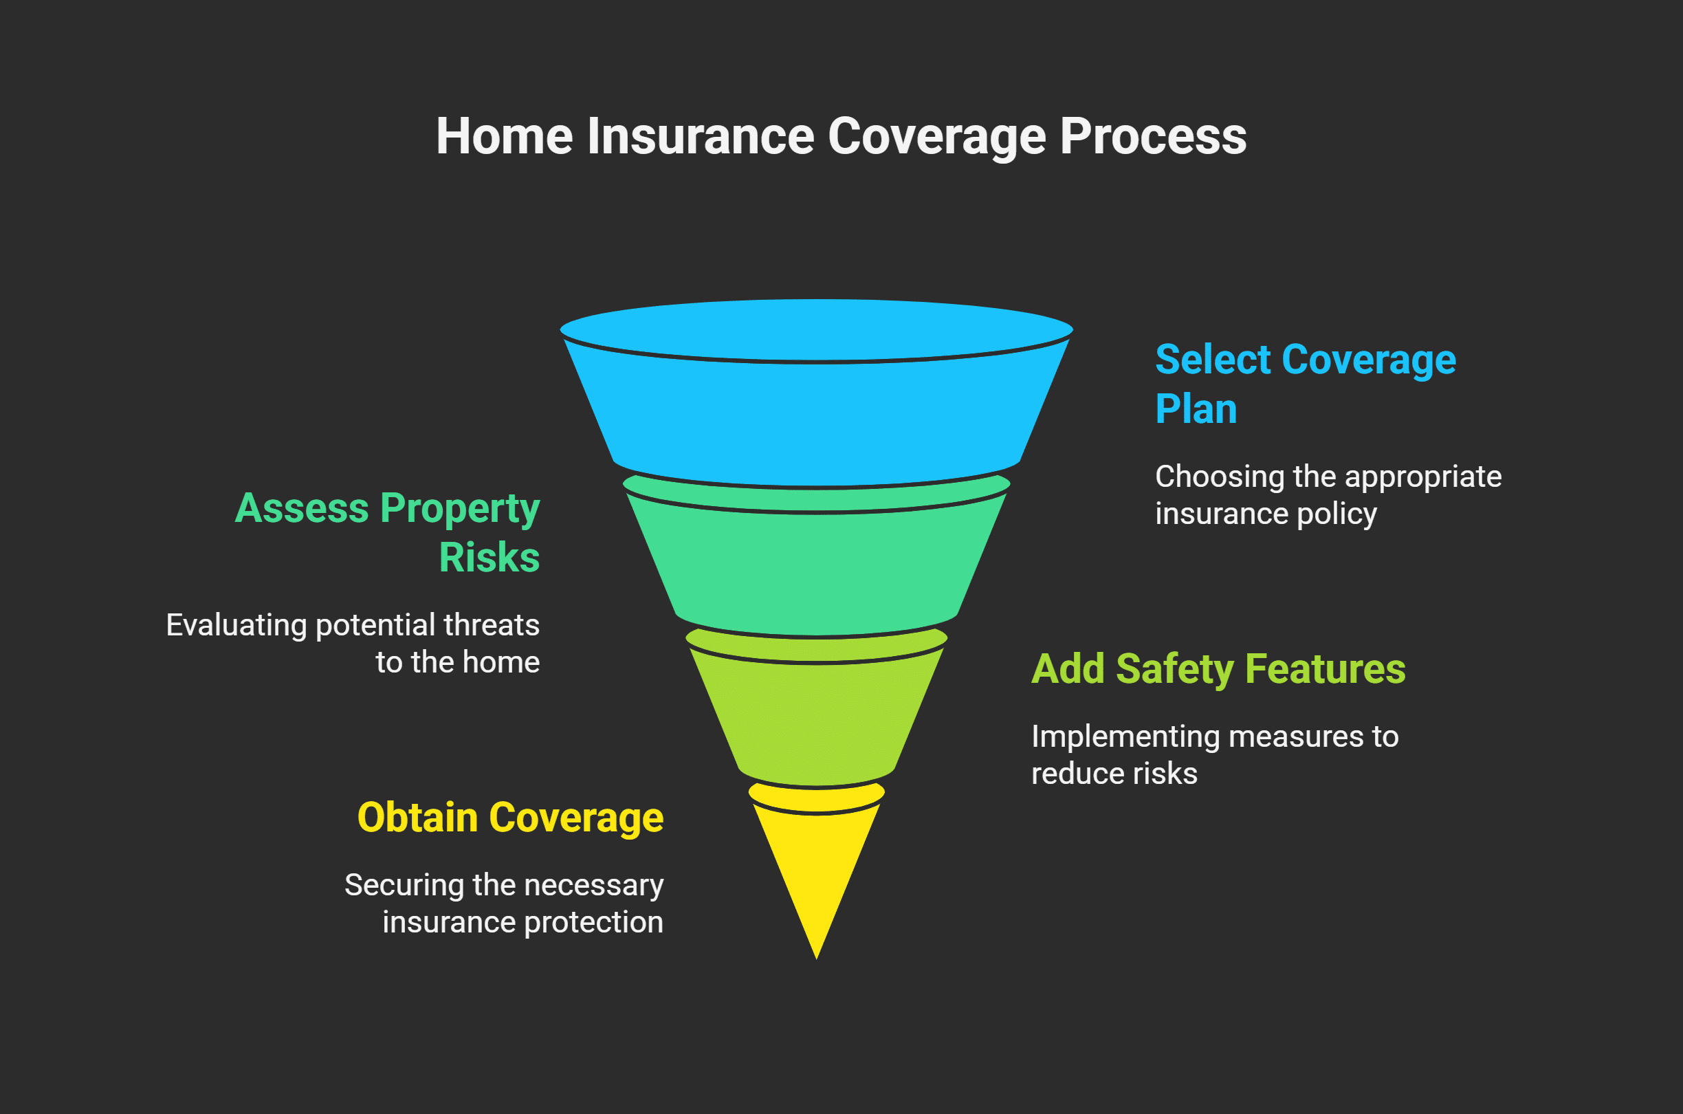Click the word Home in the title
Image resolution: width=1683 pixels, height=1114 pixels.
click(504, 136)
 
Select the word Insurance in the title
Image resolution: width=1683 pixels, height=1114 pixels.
click(700, 136)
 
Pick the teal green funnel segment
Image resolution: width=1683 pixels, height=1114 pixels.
click(817, 569)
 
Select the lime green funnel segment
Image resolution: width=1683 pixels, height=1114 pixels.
click(817, 717)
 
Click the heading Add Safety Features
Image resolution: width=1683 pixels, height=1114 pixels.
click(1218, 669)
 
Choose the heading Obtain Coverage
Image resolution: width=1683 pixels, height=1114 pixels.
click(510, 818)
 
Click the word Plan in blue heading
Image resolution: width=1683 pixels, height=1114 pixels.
click(1196, 410)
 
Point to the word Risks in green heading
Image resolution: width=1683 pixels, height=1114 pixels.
click(489, 558)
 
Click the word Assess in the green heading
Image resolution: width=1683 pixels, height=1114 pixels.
click(302, 509)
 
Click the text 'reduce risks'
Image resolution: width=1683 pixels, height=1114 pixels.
click(1114, 774)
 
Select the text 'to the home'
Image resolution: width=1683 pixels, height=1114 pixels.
click(457, 662)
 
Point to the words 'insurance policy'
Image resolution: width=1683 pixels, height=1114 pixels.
click(1266, 514)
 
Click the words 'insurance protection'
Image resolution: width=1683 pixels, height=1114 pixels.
click(522, 922)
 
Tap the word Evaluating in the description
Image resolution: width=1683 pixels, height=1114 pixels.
click(236, 626)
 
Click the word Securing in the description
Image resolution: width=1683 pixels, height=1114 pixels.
click(404, 885)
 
